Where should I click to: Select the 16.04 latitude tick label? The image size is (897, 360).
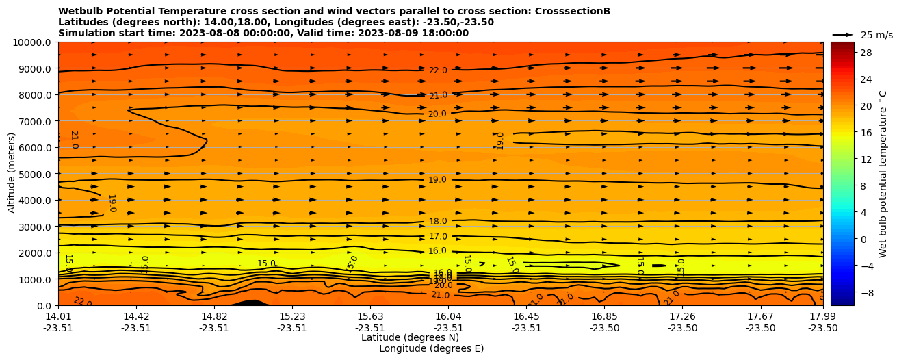point(448,317)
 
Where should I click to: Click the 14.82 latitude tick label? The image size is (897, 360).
point(214,317)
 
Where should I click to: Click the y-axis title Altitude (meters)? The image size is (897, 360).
point(12,174)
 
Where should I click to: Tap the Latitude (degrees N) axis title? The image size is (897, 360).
point(410,337)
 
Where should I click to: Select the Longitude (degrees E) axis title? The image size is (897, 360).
point(431,348)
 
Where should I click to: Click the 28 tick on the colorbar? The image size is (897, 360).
point(865,53)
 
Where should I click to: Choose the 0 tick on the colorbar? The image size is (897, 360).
point(862,239)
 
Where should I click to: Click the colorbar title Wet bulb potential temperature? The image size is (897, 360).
point(883,174)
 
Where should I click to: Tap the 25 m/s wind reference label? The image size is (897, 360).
point(876,35)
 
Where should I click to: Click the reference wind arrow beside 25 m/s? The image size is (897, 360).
point(843,35)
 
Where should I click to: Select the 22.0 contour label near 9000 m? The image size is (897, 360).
point(438,70)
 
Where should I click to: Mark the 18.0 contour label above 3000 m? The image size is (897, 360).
point(438,222)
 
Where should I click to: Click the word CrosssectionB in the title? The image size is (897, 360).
point(574,12)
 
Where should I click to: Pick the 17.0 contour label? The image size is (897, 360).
point(438,237)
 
